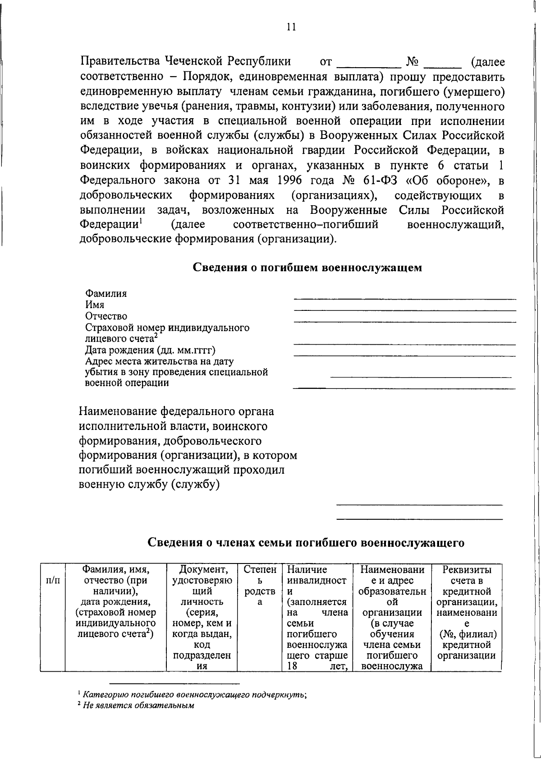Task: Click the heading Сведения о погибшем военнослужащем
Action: pyautogui.click(x=307, y=268)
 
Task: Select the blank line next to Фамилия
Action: pyautogui.click(x=404, y=298)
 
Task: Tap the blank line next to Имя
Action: pyautogui.click(x=404, y=309)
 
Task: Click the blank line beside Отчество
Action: pyautogui.click(x=404, y=321)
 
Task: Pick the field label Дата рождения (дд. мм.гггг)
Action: pyautogui.click(x=150, y=350)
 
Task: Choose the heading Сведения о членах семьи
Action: pyautogui.click(x=306, y=543)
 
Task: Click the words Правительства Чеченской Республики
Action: pyautogui.click(x=185, y=62)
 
